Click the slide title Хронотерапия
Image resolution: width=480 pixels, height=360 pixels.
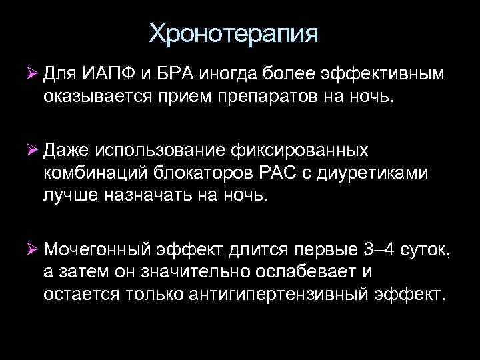[234, 33]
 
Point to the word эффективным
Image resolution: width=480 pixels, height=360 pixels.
[393, 73]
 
